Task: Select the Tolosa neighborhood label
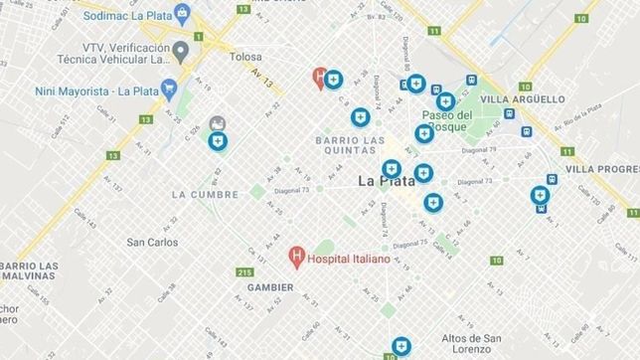(x=244, y=57)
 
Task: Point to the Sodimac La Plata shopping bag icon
(x=182, y=12)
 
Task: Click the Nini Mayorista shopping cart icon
(x=169, y=88)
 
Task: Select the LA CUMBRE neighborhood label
(x=205, y=194)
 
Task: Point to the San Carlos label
(x=152, y=242)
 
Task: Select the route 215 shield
(x=245, y=272)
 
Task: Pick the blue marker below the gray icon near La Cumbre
(x=218, y=142)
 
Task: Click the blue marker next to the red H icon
(x=335, y=79)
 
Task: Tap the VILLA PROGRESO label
(x=602, y=169)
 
